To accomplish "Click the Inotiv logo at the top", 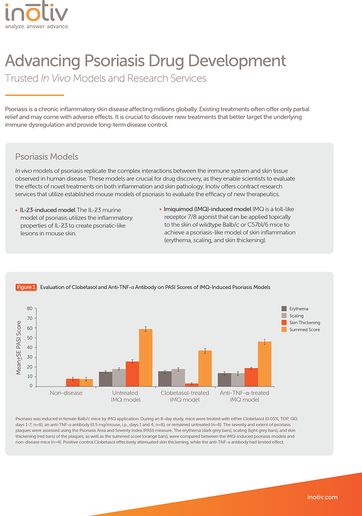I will pos(37,15).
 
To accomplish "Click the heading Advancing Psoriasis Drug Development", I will pos(145,61).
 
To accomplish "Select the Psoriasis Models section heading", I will pos(47,157).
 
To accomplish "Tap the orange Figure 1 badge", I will pos(27,287).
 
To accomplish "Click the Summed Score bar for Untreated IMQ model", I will pos(145,358).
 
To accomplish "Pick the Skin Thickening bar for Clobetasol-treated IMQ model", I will pos(192,385).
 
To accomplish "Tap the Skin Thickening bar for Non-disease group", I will pos(73,382).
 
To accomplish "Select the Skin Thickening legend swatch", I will pos(284,323).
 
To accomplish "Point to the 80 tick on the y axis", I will pos(29,308).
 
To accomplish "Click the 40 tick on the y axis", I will pos(29,348).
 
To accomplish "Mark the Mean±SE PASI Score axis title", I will pos(19,347).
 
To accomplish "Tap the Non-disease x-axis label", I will pos(66,393).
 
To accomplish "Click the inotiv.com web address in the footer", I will pos(322,497).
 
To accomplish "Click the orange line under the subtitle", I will pos(34,95).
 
